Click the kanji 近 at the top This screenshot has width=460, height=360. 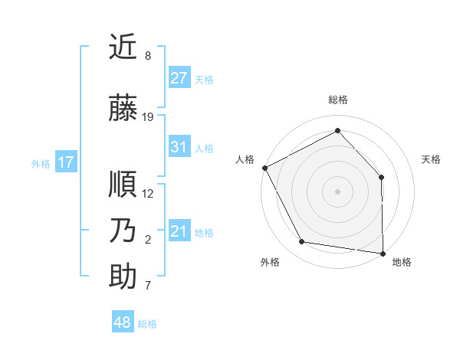123,47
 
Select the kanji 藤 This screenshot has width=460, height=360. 123,109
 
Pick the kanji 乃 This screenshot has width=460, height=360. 123,231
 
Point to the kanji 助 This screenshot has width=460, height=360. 123,277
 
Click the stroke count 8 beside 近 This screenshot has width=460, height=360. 147,56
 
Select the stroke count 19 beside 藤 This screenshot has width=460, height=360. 148,117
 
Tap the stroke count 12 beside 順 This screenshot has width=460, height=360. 148,193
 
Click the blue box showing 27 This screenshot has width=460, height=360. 179,78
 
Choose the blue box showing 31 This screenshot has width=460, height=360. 179,147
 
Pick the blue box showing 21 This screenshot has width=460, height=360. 179,231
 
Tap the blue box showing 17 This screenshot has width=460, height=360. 65,162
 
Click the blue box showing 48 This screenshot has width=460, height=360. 123,322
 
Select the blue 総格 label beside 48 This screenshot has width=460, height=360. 147,324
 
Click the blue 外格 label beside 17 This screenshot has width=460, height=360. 41,163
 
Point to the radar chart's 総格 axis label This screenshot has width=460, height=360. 338,100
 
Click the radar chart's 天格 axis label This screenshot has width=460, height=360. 431,159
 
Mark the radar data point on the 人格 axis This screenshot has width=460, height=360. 264,168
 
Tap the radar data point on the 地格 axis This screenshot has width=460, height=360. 383,252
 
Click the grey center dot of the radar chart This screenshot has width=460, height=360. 337,191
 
